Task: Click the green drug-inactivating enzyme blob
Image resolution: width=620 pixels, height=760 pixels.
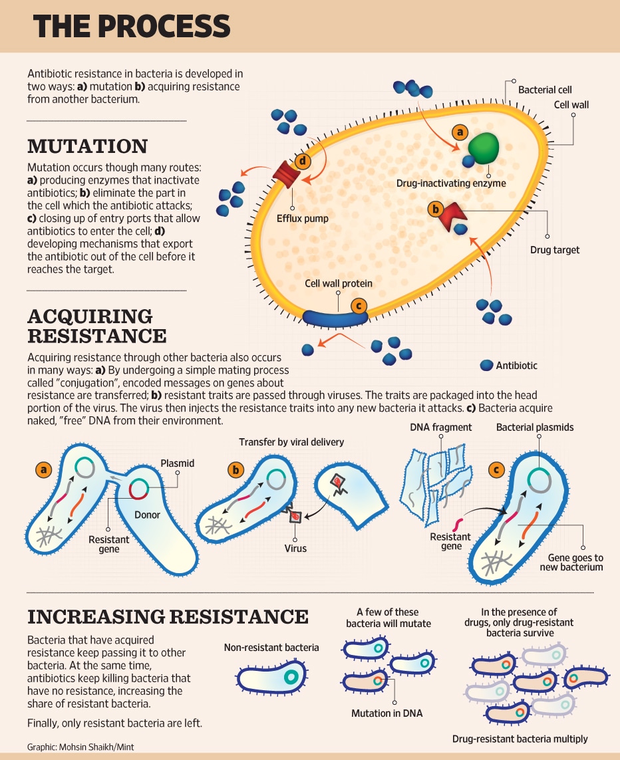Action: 484,148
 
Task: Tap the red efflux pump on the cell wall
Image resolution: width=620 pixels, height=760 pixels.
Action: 287,173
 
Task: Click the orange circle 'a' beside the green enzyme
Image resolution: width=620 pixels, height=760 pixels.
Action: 460,132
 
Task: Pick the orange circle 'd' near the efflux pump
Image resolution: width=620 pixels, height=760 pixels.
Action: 303,160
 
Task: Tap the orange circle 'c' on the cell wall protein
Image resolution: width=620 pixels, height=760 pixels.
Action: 359,306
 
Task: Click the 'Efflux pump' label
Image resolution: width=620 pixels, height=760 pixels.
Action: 303,219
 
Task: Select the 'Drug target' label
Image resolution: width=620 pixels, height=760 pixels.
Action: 555,250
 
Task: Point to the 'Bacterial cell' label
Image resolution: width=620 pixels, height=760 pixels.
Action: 545,90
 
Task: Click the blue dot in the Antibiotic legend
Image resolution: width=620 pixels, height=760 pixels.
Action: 486,366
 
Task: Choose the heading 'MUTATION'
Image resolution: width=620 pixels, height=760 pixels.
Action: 87,146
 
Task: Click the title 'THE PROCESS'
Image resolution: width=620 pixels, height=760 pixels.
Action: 132,26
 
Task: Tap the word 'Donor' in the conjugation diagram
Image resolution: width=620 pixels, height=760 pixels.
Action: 147,515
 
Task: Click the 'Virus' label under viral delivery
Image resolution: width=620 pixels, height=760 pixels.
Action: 295,548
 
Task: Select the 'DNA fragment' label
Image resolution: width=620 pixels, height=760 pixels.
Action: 440,427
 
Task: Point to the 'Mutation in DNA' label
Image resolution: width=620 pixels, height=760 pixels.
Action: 387,713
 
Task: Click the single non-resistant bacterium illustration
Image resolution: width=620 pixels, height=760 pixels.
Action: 273,677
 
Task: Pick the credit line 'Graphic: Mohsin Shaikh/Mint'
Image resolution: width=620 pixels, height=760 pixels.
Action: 80,747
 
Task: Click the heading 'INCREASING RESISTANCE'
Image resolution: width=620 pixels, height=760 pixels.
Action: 168,617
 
